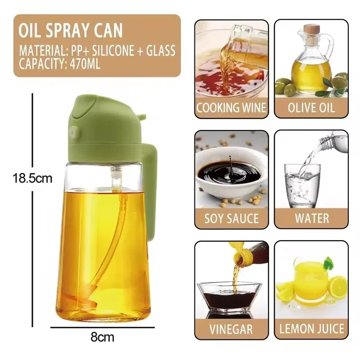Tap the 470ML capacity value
coord(84,63)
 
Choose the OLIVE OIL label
coord(311,108)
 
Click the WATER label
coord(311,219)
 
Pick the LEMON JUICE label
coord(311,329)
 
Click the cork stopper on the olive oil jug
coord(311,29)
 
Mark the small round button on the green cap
coord(72,133)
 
